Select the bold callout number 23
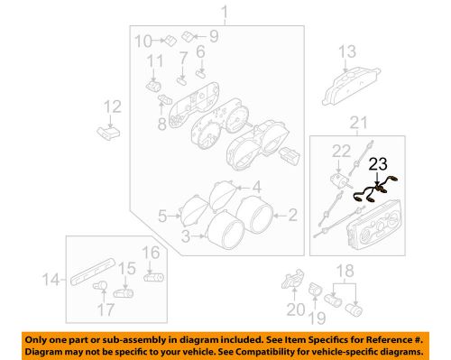pos(380,165)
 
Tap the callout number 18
pos(343,271)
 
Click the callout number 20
pos(290,309)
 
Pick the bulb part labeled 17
pos(100,289)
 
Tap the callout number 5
pos(162,216)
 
